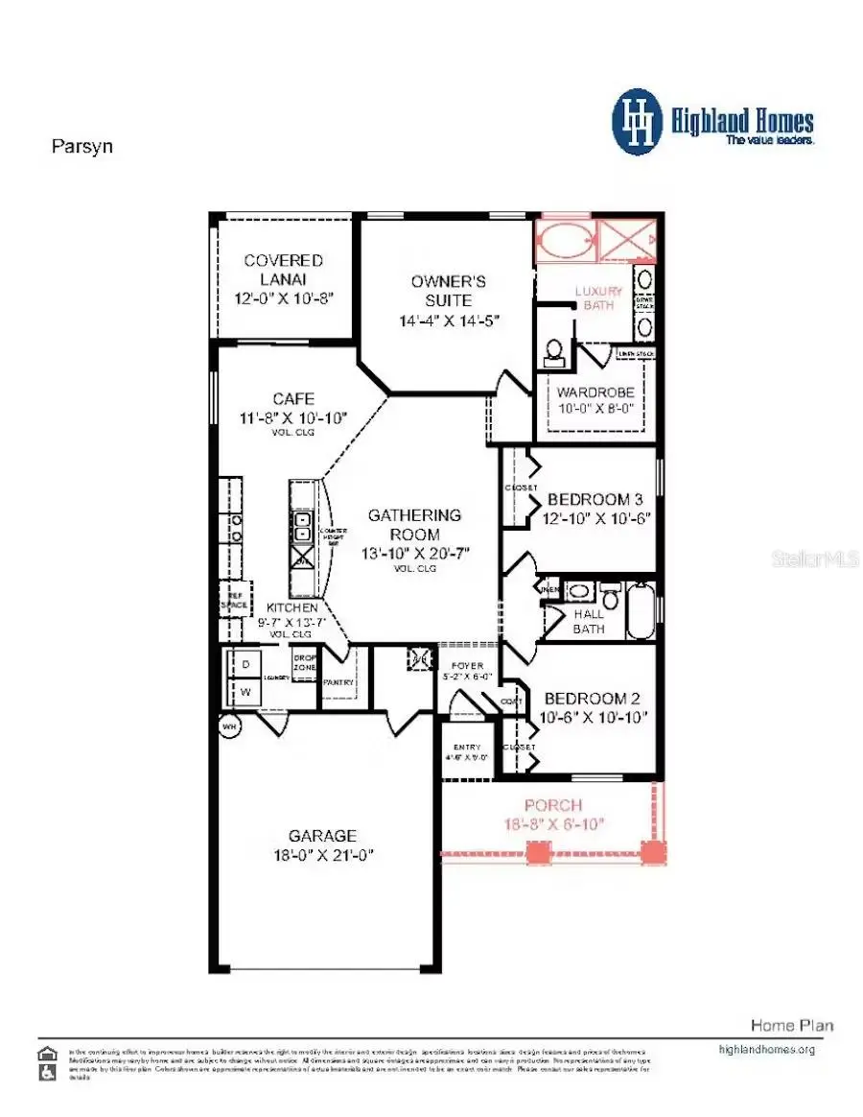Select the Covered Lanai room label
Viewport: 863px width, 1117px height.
click(x=283, y=270)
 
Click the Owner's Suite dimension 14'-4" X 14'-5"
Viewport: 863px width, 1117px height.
click(x=449, y=321)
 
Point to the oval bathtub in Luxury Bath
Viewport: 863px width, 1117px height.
click(x=564, y=240)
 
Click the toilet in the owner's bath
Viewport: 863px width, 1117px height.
click(x=553, y=352)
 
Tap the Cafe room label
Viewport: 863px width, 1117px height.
click(x=292, y=399)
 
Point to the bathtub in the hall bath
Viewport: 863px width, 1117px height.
click(x=641, y=611)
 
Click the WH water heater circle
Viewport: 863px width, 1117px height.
click(x=229, y=726)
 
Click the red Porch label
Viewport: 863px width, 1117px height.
click(x=552, y=806)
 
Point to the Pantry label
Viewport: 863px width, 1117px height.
click(x=338, y=682)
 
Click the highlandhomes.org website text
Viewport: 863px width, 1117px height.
click(x=766, y=1050)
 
